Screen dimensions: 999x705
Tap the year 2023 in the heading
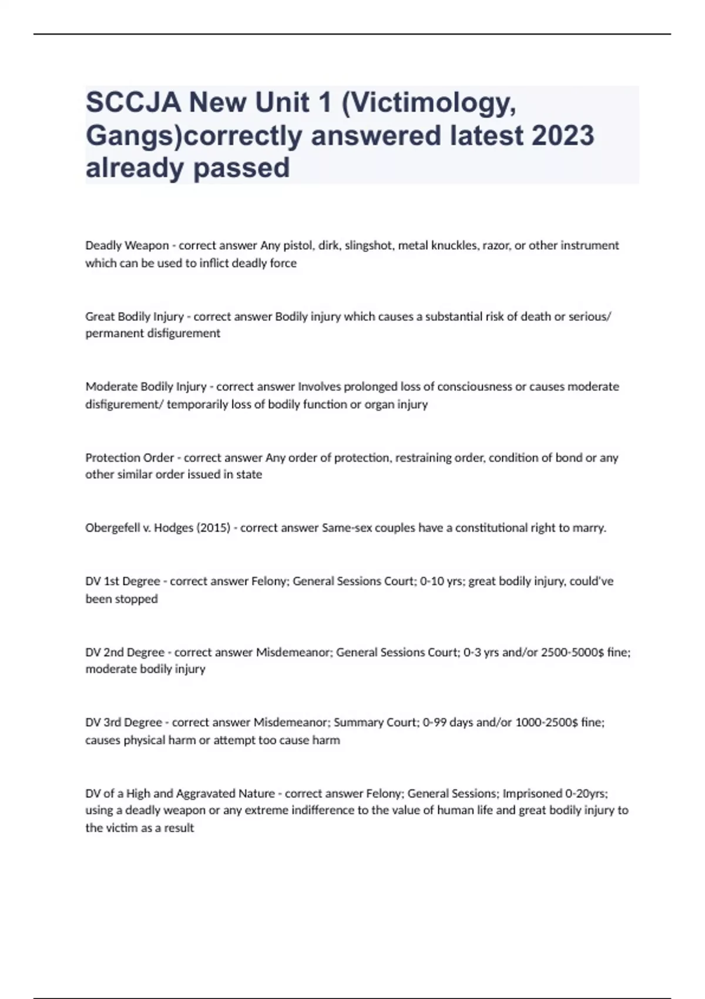pos(562,136)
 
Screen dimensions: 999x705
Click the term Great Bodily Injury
pos(135,317)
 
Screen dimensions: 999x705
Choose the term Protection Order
pos(130,457)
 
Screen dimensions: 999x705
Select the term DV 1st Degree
pos(123,581)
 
